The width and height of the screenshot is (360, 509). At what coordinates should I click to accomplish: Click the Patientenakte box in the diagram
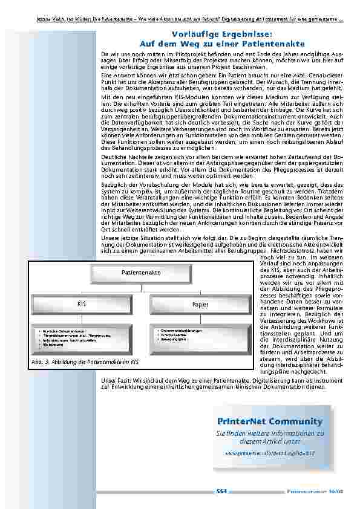point(141,273)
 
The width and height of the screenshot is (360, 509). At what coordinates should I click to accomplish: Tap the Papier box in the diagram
point(200,305)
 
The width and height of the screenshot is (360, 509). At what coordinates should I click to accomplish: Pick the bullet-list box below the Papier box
point(200,339)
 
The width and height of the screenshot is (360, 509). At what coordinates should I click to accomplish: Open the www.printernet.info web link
point(270,451)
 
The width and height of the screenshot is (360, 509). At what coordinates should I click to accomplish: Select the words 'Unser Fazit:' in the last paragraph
point(115,380)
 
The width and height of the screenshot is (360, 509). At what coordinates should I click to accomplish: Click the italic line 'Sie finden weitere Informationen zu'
point(270,433)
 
